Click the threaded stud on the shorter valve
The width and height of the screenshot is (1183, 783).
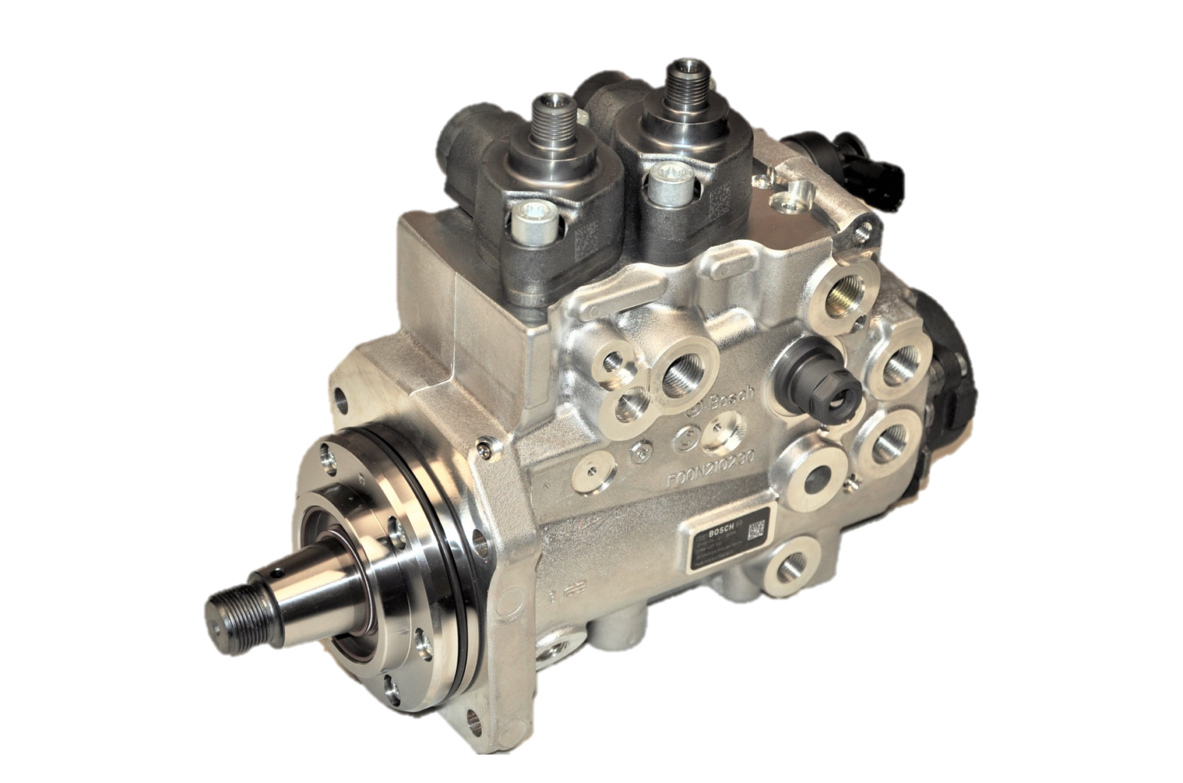[552, 111]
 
